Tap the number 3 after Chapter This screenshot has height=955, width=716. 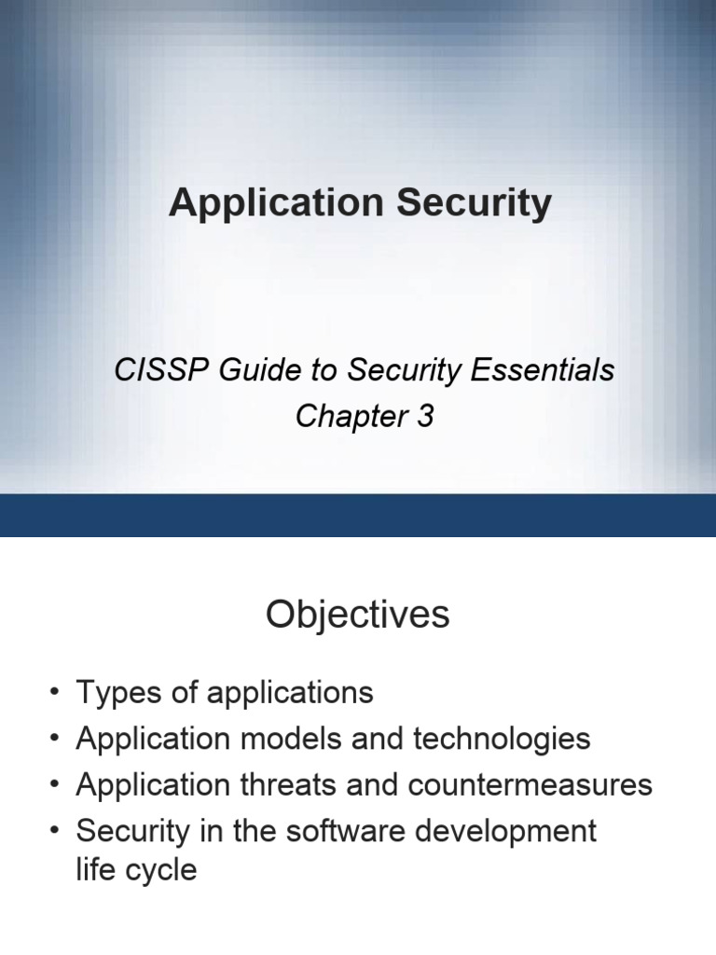[x=425, y=417]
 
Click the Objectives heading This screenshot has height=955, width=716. [x=357, y=616]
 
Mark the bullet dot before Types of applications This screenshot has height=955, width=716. [x=55, y=693]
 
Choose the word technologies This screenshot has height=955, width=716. [x=503, y=740]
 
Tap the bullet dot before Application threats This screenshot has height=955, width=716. [x=55, y=785]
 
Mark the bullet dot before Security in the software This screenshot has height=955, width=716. [x=55, y=831]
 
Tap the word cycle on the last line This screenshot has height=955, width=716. [x=163, y=871]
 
